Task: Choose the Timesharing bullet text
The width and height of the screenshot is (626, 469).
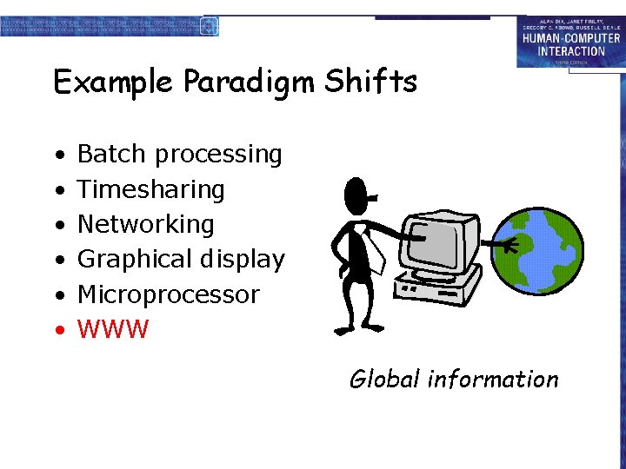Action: point(151,190)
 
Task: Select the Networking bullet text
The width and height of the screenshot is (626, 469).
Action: point(146,225)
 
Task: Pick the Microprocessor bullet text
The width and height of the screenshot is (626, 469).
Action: point(169,295)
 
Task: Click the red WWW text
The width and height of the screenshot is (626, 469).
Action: point(113,330)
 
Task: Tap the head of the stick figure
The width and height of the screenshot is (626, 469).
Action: point(356,199)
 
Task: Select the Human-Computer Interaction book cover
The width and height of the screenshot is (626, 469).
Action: point(569,42)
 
